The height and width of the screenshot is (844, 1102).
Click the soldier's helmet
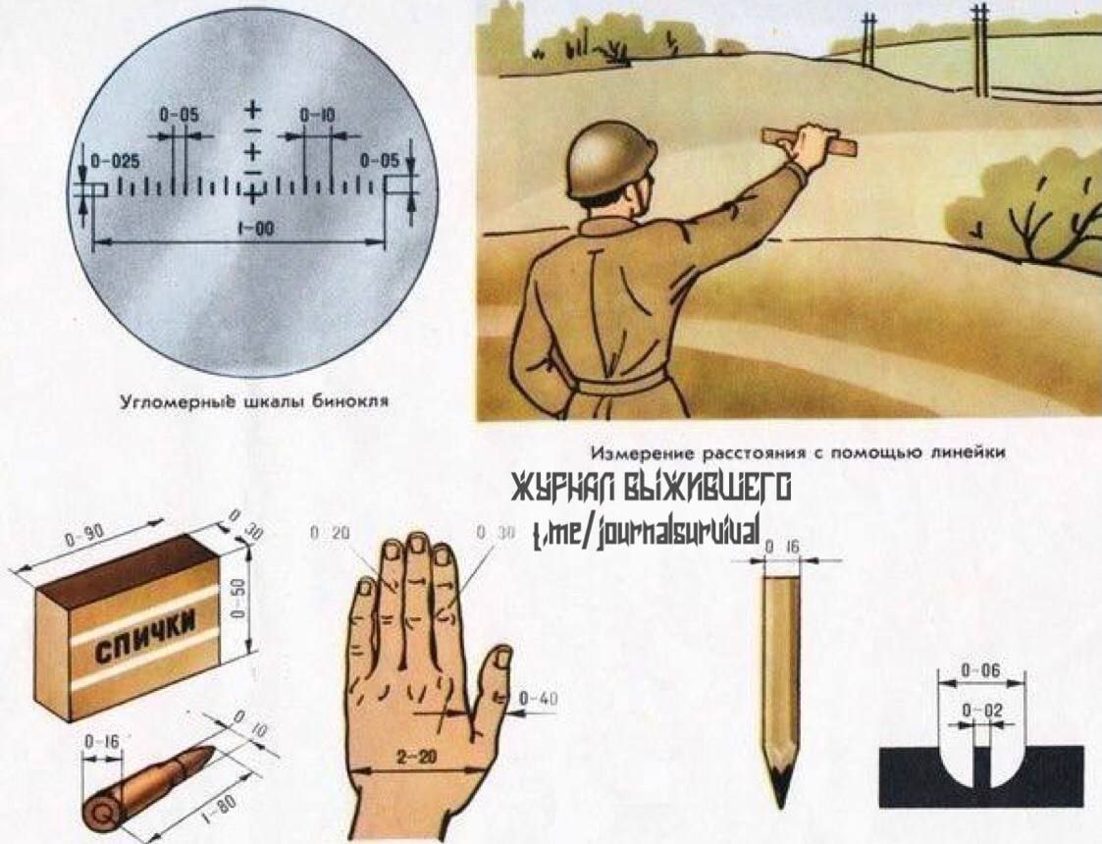click(x=612, y=162)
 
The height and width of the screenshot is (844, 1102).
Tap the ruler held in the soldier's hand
click(x=810, y=141)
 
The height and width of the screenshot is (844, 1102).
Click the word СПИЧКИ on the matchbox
click(x=145, y=637)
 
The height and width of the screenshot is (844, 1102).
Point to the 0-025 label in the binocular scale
click(x=115, y=161)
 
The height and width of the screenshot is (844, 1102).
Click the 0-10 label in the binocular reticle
click(x=317, y=115)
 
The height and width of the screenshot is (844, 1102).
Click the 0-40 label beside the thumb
click(x=538, y=699)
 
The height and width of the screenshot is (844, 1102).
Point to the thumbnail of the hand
click(x=503, y=658)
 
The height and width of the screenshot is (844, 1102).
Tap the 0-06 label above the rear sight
click(x=979, y=670)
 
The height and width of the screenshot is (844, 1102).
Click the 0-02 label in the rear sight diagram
click(x=982, y=711)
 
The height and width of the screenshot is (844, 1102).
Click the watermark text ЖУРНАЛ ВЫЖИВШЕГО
click(x=652, y=488)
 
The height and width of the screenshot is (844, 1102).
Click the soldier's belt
click(x=621, y=386)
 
